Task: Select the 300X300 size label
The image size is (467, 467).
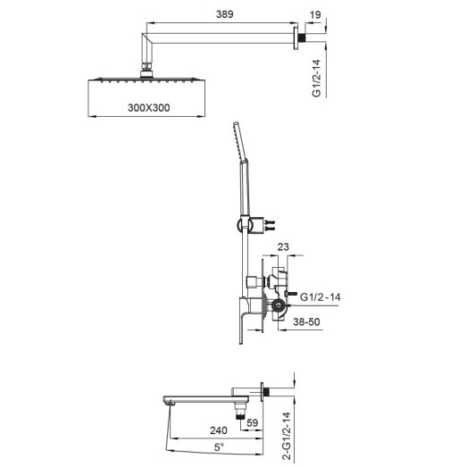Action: [x=147, y=107]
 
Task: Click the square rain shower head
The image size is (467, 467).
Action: [x=147, y=82]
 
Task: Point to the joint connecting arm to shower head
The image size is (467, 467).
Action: [x=147, y=67]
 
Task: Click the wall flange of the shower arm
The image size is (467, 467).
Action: [x=298, y=38]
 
